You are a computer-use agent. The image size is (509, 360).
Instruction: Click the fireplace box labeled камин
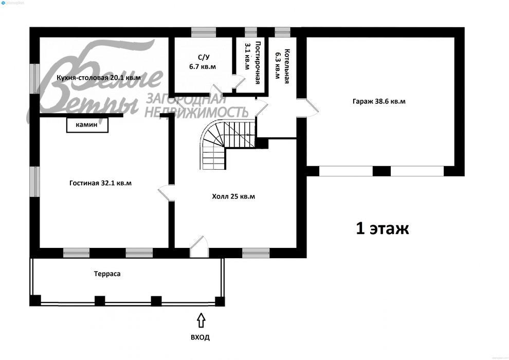pyautogui.click(x=87, y=124)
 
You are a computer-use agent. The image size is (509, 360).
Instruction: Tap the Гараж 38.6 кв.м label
pyautogui.click(x=379, y=101)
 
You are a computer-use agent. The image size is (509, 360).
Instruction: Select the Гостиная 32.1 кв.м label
pyautogui.click(x=101, y=183)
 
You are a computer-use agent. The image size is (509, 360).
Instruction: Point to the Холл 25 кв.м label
pyautogui.click(x=233, y=196)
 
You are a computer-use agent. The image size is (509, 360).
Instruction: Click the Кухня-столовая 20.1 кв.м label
pyautogui.click(x=99, y=78)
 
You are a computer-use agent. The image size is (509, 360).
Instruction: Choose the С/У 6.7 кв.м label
pyautogui.click(x=203, y=62)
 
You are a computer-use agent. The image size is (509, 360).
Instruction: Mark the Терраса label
pyautogui.click(x=107, y=274)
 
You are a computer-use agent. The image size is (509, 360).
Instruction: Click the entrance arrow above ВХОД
pyautogui.click(x=201, y=320)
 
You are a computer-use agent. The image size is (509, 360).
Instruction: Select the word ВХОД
pyautogui.click(x=200, y=337)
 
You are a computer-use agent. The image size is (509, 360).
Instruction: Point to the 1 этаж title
pyautogui.click(x=383, y=228)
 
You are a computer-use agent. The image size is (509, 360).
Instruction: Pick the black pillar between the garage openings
pyautogui.click(x=381, y=171)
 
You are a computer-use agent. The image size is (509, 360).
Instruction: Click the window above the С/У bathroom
pyautogui.click(x=204, y=32)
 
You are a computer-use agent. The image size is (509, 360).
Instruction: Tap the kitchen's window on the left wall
pyautogui.click(x=35, y=79)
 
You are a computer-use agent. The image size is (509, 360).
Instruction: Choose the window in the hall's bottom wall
pyautogui.click(x=256, y=253)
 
